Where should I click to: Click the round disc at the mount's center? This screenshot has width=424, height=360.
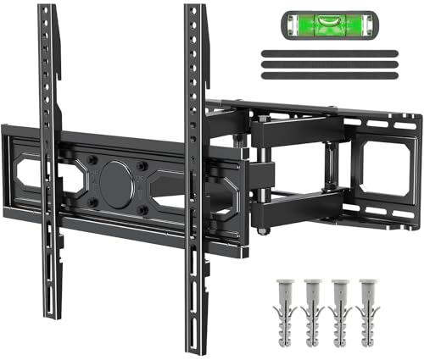[x=116, y=179]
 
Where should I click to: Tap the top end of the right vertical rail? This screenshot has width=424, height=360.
[x=195, y=10]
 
